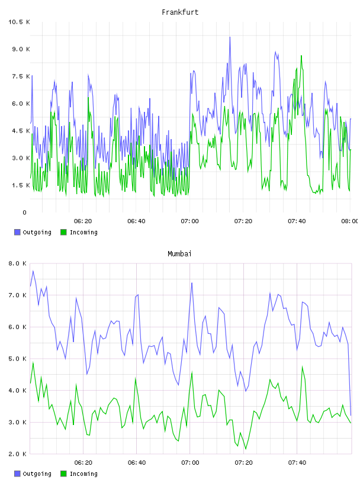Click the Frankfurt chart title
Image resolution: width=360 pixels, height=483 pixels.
coord(180,12)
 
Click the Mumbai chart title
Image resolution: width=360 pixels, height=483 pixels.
coord(179,254)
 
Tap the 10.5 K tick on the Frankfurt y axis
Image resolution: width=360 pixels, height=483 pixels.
coord(19,22)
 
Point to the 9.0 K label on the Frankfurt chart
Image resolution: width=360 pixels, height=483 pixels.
coord(21,49)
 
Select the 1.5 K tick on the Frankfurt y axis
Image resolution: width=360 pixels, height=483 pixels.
coord(21,185)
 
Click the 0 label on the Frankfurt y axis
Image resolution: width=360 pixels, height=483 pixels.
coord(25,212)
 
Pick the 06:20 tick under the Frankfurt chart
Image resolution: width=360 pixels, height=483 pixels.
coord(83,221)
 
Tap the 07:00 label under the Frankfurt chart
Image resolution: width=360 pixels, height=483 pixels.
coord(190,221)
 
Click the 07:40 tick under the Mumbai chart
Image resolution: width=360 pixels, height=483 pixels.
coord(297,463)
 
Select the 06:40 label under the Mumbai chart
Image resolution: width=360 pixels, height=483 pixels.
coord(137,463)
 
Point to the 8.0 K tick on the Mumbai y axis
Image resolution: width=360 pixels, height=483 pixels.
coord(18,263)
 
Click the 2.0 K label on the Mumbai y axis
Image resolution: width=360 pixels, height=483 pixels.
coord(18,454)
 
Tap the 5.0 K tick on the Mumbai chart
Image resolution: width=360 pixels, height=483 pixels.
coord(18,359)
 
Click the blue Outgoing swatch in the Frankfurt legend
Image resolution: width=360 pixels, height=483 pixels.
coord(17,232)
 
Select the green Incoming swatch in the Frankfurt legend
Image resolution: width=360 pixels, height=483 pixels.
coord(63,232)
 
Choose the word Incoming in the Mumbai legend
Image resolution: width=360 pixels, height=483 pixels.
coord(83,474)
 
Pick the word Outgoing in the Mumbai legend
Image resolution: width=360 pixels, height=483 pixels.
coord(37,474)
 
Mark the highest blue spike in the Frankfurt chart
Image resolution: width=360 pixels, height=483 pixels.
coord(230,37)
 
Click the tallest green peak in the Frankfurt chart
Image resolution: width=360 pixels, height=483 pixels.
coord(301,56)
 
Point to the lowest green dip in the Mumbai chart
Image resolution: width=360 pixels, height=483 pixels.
coord(246,449)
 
